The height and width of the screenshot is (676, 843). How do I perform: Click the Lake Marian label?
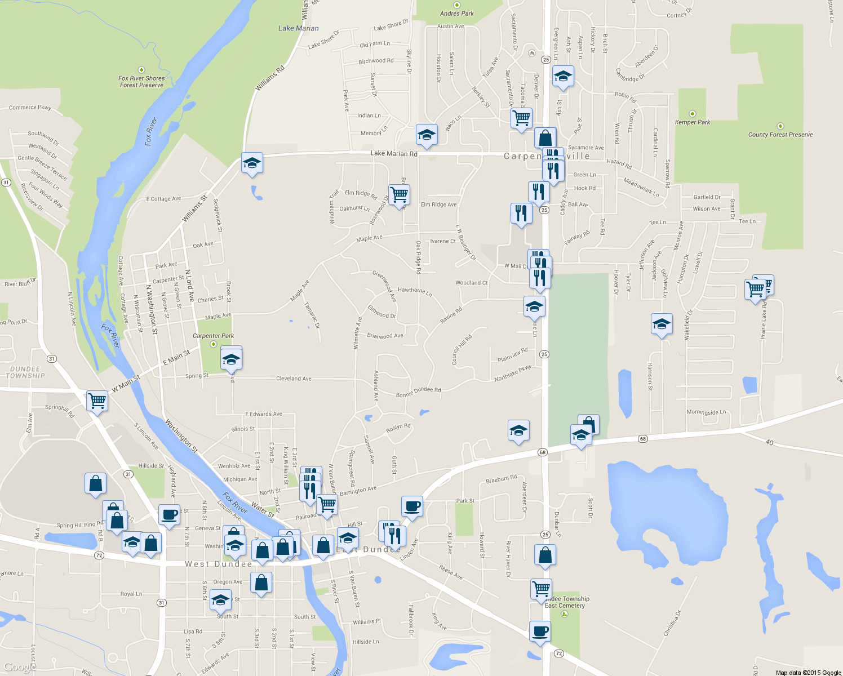298,28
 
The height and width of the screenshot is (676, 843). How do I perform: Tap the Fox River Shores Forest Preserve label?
141,82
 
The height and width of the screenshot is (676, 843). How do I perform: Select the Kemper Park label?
693,122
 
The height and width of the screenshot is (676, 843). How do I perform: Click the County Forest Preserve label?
780,135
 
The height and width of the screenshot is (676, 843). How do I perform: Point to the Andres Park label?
457,14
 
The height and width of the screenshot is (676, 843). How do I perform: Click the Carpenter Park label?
213,336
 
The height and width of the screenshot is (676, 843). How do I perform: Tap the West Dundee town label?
219,564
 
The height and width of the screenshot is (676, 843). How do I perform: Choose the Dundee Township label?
25,372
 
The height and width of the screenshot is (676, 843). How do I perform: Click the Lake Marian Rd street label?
394,153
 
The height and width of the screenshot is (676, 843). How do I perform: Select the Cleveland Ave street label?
294,379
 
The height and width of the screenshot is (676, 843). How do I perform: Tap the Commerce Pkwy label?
30,107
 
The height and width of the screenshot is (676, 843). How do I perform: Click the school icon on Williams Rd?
252,163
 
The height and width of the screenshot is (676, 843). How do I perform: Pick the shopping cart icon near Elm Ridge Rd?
399,195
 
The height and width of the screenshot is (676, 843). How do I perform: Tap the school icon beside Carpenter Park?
231,359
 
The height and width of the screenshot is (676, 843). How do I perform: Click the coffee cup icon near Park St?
412,505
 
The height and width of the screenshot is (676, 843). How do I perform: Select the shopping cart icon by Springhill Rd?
97,401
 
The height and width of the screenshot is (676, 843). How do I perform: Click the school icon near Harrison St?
662,324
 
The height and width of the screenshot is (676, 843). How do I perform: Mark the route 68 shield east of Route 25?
643,438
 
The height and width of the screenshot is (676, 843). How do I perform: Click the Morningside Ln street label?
706,412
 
